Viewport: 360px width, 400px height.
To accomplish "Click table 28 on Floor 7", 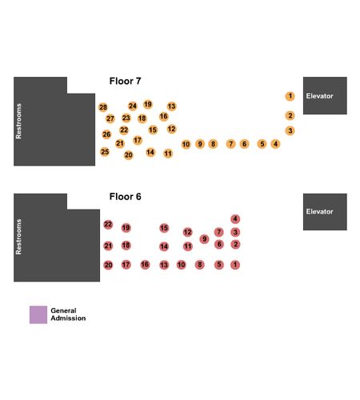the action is pyautogui.click(x=103, y=107).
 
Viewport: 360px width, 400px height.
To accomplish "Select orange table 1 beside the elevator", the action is pyautogui.click(x=290, y=96).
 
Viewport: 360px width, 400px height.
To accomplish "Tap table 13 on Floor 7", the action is pyautogui.click(x=171, y=106).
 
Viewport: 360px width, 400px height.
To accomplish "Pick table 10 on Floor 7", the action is pyautogui.click(x=186, y=144).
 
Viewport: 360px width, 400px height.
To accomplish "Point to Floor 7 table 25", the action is pyautogui.click(x=105, y=152).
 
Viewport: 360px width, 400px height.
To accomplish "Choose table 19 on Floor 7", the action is pyautogui.click(x=148, y=104).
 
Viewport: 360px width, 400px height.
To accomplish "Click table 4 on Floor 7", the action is pyautogui.click(x=275, y=144).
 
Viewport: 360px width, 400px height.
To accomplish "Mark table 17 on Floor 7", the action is pyautogui.click(x=138, y=140).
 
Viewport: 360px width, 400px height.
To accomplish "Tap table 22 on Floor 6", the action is pyautogui.click(x=108, y=225).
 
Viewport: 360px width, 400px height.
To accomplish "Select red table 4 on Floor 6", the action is pyautogui.click(x=235, y=219).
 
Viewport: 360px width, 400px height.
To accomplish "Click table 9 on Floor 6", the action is pyautogui.click(x=204, y=239).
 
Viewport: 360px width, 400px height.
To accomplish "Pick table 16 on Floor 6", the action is pyautogui.click(x=145, y=265).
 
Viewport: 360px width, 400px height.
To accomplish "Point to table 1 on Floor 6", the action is pyautogui.click(x=235, y=265).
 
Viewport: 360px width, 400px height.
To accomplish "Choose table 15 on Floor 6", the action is pyautogui.click(x=164, y=228).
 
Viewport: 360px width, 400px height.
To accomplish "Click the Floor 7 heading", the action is pyautogui.click(x=125, y=81).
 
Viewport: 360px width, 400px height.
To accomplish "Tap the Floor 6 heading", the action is pyautogui.click(x=125, y=197).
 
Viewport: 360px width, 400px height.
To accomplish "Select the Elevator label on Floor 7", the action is pyautogui.click(x=319, y=96).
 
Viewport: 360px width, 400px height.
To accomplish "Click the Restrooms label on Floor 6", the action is pyautogui.click(x=18, y=237).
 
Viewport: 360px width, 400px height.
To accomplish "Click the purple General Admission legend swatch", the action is pyautogui.click(x=38, y=314).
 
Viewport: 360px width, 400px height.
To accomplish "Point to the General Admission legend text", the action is pyautogui.click(x=68, y=314).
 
